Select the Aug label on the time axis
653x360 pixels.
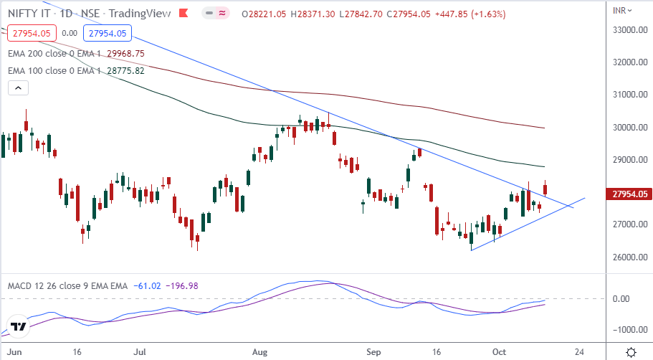260,353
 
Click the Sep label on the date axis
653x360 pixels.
373,353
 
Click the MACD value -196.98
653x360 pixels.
182,285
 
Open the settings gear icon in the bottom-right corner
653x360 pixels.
631,352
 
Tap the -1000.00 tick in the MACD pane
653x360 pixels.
624,330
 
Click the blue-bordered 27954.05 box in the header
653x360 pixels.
105,33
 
